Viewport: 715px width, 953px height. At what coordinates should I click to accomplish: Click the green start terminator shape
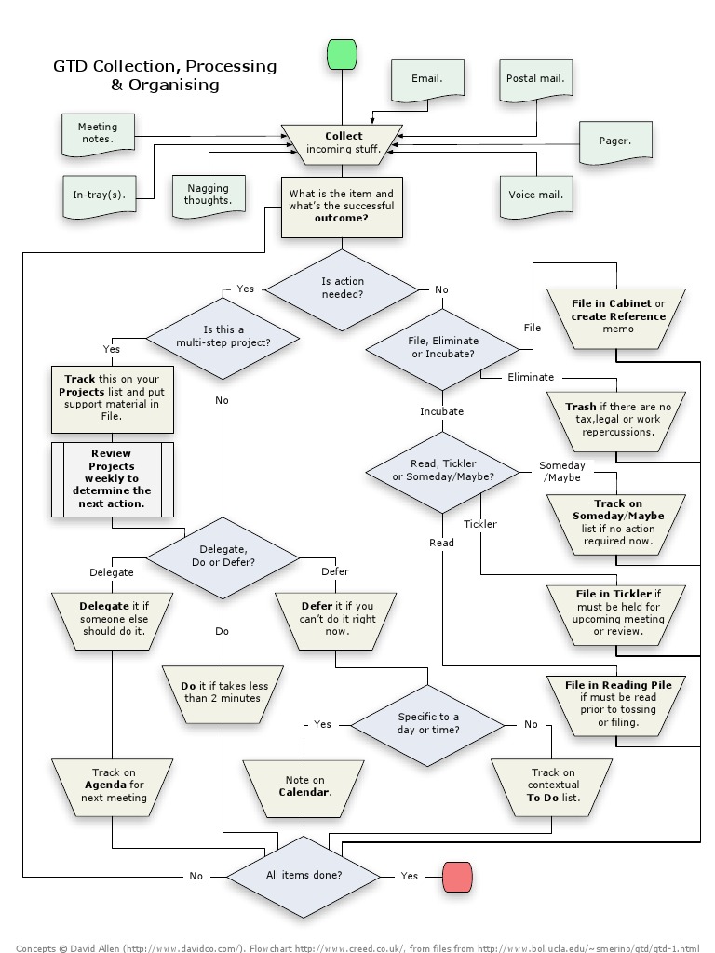pyautogui.click(x=343, y=55)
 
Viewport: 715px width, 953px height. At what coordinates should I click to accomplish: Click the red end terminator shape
pyautogui.click(x=457, y=876)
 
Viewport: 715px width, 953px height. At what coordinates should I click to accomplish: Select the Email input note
pyautogui.click(x=427, y=79)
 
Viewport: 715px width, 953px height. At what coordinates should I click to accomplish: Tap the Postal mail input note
pyautogui.click(x=535, y=79)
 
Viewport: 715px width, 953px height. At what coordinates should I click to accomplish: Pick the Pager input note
pyautogui.click(x=614, y=141)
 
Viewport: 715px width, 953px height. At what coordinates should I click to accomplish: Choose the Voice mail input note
pyautogui.click(x=535, y=195)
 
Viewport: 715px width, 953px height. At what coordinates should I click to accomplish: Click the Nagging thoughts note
pyautogui.click(x=208, y=195)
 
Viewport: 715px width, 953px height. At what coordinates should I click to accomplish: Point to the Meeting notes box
pyautogui.click(x=98, y=134)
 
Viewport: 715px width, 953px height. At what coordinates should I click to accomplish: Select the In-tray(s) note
pyautogui.click(x=99, y=195)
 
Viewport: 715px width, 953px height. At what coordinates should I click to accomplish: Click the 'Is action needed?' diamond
pyautogui.click(x=343, y=289)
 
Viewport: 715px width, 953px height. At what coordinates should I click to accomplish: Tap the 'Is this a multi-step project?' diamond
pyautogui.click(x=223, y=336)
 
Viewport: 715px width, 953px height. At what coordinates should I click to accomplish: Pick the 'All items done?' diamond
pyautogui.click(x=304, y=876)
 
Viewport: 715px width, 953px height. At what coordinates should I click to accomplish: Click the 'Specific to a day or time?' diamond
pyautogui.click(x=428, y=723)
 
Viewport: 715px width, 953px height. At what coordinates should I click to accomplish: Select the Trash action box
pyautogui.click(x=617, y=420)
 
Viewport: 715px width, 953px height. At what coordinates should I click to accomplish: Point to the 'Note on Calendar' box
pyautogui.click(x=305, y=786)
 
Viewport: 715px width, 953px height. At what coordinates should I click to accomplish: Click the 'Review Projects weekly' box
pyautogui.click(x=112, y=478)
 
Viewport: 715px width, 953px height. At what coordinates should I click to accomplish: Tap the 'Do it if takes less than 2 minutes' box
pyautogui.click(x=223, y=691)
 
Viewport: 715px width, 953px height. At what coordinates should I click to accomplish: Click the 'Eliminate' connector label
pyautogui.click(x=531, y=377)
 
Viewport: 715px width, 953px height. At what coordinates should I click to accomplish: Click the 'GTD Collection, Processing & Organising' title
pyautogui.click(x=165, y=75)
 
